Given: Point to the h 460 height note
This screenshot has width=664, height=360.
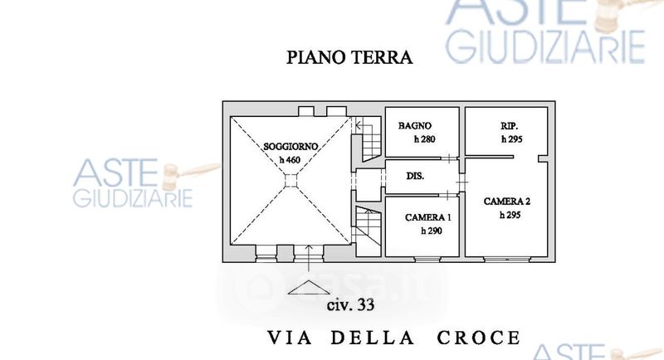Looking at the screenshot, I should click(289, 159).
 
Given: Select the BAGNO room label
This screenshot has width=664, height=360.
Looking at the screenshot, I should click(413, 126).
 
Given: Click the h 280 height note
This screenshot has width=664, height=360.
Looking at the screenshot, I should click(424, 139).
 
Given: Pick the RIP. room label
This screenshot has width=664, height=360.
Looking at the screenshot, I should click(510, 126).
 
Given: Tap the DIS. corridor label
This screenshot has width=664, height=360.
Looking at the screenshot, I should click(416, 177).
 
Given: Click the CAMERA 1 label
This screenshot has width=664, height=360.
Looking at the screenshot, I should click(427, 217).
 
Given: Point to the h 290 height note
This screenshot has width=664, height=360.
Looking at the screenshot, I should click(431, 231).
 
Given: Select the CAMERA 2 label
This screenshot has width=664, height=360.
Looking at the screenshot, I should click(507, 202).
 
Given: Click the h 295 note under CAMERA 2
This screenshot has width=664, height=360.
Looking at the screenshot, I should click(510, 214).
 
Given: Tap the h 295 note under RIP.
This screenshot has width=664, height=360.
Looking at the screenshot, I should click(511, 139).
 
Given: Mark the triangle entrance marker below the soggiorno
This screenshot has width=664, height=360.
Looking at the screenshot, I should click(308, 288).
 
